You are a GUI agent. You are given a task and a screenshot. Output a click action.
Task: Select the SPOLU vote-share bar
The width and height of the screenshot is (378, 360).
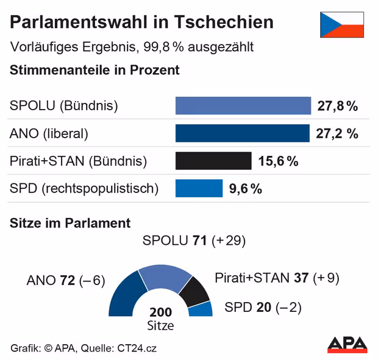click(x=243, y=105)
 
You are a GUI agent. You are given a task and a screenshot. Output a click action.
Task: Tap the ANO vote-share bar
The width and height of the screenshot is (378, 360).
click(x=243, y=133)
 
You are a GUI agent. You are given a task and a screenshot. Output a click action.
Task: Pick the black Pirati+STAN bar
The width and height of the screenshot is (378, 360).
click(x=213, y=161)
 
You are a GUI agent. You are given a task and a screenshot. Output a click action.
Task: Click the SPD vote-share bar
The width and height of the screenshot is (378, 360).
click(x=199, y=188)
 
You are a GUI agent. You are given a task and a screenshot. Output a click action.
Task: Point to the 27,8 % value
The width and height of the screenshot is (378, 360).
click(x=337, y=106)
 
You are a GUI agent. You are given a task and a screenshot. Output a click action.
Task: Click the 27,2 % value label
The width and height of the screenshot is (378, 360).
click(x=337, y=133)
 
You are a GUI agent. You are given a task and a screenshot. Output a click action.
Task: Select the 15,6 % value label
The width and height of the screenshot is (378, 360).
click(x=278, y=161)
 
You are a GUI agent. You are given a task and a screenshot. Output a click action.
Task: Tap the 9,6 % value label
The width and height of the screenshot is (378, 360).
click(x=245, y=189)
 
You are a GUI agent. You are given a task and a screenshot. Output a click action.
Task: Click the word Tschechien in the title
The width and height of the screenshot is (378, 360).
click(x=224, y=23)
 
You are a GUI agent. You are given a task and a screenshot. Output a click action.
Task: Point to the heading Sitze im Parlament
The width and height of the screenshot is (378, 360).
click(x=70, y=223)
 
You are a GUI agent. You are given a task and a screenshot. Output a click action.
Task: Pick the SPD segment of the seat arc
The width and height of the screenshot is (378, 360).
click(x=202, y=309)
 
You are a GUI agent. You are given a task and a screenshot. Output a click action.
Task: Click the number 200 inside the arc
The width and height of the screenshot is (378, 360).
click(x=160, y=312)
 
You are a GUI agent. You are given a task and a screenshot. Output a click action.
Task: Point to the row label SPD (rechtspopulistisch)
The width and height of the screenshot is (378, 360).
click(x=84, y=189)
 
